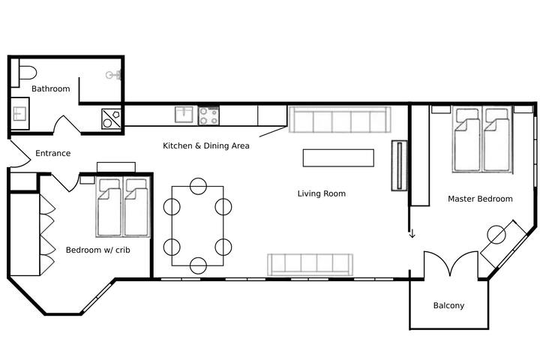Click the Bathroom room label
point(50,88)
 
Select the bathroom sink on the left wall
point(19,118)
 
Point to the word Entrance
point(53,154)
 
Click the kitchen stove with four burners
point(208,115)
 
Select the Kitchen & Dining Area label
point(206,145)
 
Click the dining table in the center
point(198,226)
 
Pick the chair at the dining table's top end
point(198,185)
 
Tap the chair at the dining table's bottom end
point(198,265)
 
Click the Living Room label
point(321,193)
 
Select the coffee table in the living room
point(338,157)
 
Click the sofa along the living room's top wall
point(339,119)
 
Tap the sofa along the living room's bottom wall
point(310,263)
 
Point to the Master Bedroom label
point(480,199)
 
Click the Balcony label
point(448,305)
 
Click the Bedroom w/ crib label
point(97,250)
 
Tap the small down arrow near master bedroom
point(411,235)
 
